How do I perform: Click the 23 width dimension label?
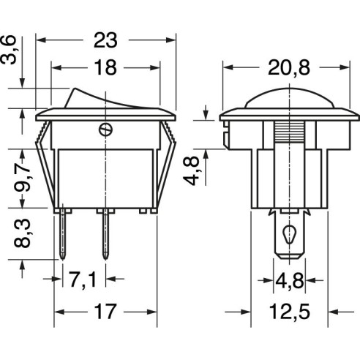point(105,40)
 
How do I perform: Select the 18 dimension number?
point(105,67)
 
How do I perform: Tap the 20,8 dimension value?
point(289,68)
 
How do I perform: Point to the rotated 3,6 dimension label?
point(9,50)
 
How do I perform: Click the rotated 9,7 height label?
point(23,177)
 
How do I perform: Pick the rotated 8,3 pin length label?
point(23,233)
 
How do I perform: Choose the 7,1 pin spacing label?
point(83,280)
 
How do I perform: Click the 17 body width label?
point(105,312)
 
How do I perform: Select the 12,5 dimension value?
point(290,312)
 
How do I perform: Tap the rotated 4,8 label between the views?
point(192,171)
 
